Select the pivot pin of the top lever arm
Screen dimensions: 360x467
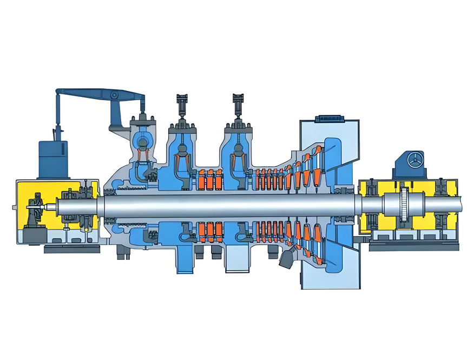point(114,96)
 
